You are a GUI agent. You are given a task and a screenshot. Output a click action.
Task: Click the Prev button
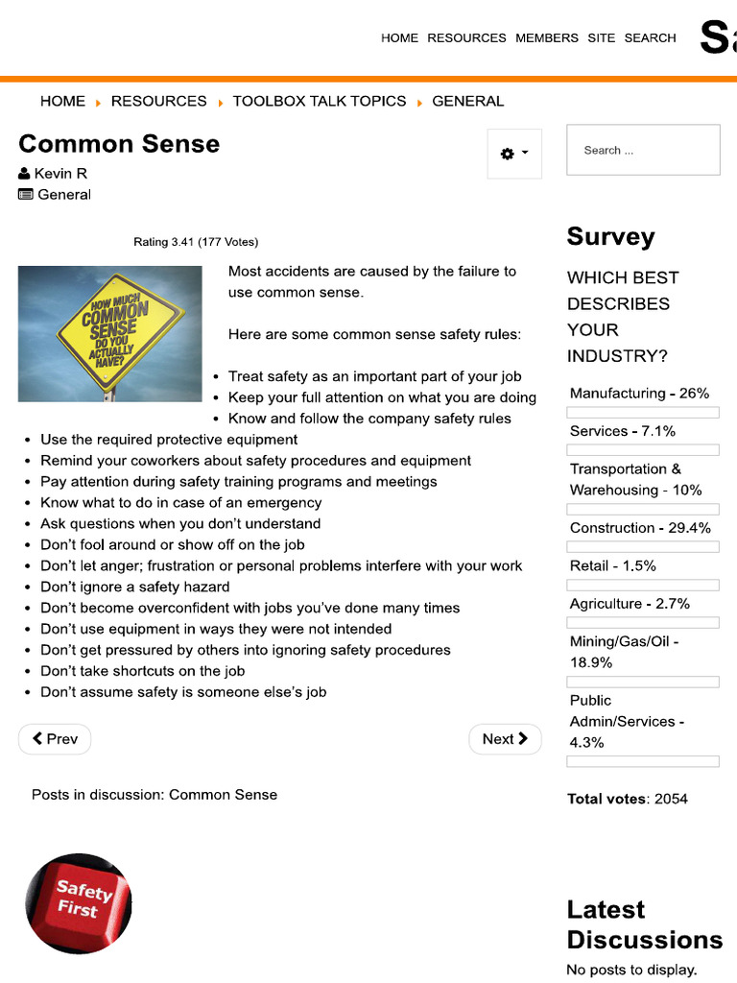55,739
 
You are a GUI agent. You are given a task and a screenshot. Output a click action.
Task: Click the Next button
505,739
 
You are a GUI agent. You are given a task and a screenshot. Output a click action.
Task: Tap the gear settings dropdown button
514,154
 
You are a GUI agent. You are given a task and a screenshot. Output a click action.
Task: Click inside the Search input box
643,150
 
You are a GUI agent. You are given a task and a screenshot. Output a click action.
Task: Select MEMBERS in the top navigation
547,38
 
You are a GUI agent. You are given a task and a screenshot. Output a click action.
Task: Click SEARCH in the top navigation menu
650,38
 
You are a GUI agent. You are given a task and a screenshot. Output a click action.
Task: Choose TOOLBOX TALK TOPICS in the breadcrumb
320,101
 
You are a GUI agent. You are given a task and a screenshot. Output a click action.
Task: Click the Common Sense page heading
119,144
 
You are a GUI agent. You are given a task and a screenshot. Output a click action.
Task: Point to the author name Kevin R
60,174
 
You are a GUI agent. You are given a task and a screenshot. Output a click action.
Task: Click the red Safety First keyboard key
79,902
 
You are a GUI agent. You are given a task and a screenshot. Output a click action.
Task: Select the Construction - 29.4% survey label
640,528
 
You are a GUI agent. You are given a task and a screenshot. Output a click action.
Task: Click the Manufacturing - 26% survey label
639,394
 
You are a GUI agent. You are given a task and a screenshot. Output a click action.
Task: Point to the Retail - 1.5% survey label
613,566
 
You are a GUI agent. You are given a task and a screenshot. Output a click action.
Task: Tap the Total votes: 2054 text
628,799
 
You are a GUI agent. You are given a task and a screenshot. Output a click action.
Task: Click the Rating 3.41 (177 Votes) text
196,242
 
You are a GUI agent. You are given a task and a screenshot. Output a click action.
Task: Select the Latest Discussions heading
644,924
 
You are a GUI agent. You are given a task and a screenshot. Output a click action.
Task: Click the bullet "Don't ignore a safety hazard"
135,587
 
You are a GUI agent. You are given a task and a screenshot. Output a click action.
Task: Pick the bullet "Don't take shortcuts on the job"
143,671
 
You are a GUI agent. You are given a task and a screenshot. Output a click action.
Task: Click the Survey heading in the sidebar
610,237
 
